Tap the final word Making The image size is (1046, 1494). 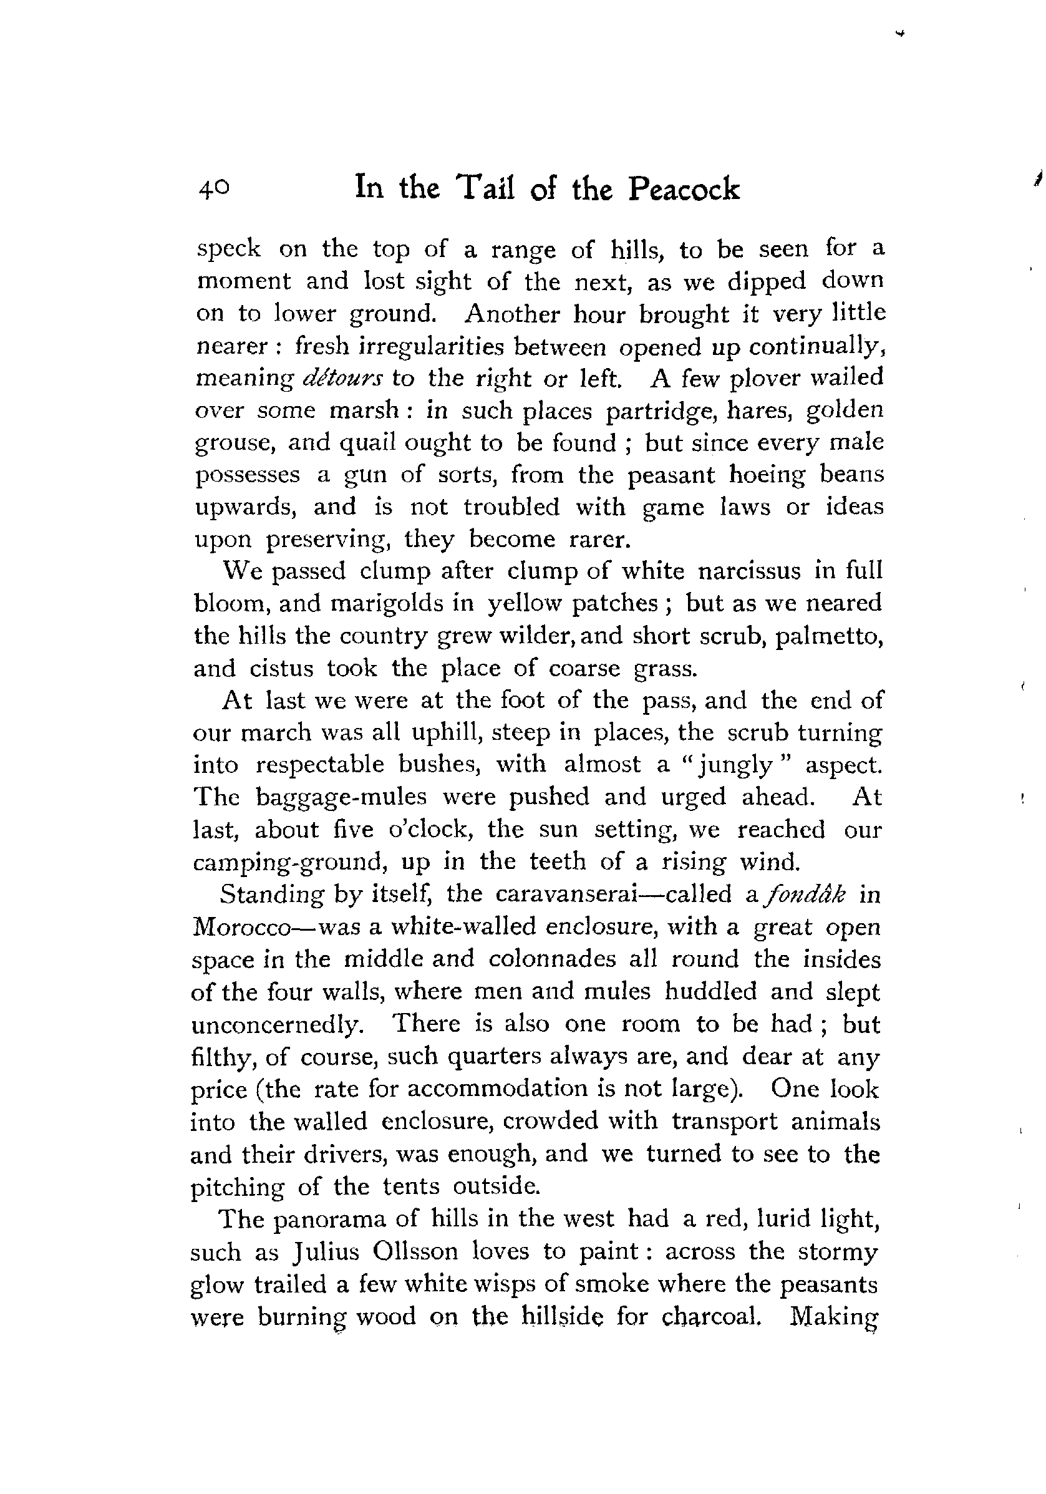(x=833, y=1316)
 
